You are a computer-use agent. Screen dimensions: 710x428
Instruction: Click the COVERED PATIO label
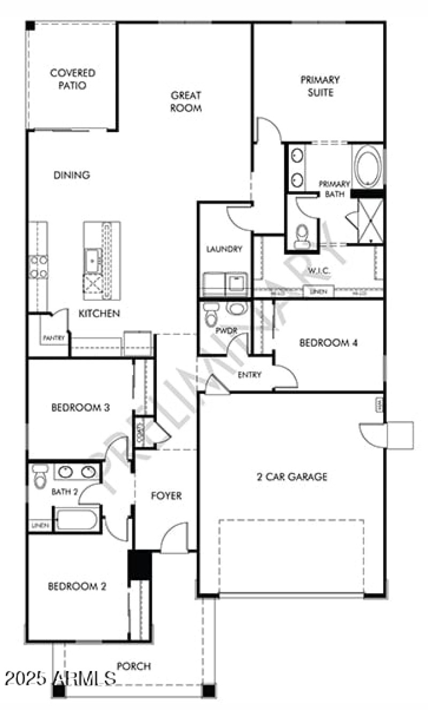[x=72, y=79]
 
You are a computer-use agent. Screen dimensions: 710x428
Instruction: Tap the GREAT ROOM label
[x=186, y=102]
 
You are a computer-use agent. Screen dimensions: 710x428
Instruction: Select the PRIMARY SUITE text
[x=319, y=86]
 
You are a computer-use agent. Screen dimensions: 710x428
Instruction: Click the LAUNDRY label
[x=225, y=249]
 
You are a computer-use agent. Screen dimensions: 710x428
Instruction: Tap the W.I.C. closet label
[x=319, y=271]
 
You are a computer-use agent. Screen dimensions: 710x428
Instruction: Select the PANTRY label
[x=54, y=338]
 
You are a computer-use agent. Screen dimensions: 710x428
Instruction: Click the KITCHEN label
[x=99, y=314]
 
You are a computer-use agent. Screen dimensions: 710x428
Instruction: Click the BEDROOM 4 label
[x=328, y=343]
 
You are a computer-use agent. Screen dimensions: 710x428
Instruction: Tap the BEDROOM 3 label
[x=80, y=408]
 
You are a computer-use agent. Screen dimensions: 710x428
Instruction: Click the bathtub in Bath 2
[x=77, y=520]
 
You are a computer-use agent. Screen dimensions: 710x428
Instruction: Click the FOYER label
[x=166, y=496]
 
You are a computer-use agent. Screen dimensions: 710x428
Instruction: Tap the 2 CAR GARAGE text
[x=292, y=477]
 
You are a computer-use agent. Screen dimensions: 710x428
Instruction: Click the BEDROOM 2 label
[x=77, y=586]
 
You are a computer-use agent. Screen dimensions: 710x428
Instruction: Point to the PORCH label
[x=133, y=666]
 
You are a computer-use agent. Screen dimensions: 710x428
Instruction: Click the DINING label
[x=72, y=175]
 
